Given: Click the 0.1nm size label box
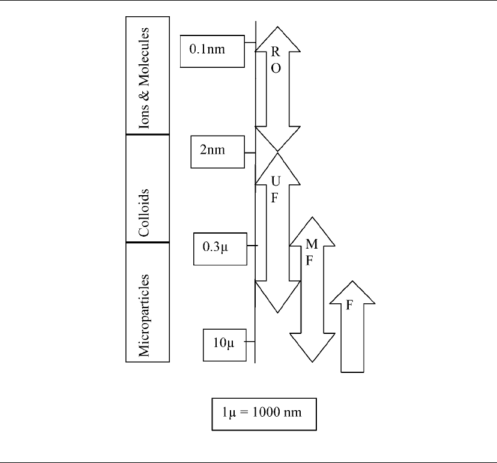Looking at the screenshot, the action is (x=212, y=52).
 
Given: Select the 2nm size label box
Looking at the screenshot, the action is (x=218, y=152).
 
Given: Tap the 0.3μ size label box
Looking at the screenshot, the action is (x=220, y=249).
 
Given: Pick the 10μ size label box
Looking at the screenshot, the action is (x=224, y=345).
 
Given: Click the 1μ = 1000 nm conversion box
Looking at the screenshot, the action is (x=264, y=414).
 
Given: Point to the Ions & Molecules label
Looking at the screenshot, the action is (x=144, y=78).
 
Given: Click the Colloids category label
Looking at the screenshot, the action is (x=144, y=213).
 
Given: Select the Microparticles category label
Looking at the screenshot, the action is (x=144, y=315).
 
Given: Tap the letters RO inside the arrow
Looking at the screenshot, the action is (x=276, y=60).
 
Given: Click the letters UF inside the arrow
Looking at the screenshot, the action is (x=276, y=189).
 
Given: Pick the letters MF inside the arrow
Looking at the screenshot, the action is (x=312, y=252).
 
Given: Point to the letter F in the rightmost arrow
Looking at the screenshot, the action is (x=349, y=304).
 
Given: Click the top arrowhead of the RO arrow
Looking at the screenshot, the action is (x=278, y=38).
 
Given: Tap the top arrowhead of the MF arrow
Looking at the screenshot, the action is (x=312, y=231).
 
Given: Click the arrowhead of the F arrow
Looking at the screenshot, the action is (x=352, y=292).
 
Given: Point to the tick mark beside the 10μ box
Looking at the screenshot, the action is (x=250, y=342).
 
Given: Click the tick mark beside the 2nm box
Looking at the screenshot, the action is (x=250, y=153).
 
